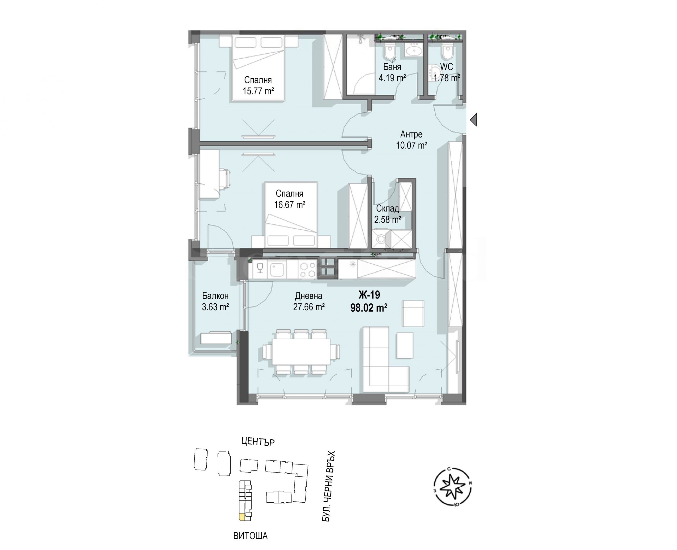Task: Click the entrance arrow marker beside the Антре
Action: [473, 120]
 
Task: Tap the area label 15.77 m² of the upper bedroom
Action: [258, 91]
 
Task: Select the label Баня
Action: [392, 67]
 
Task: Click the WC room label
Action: [446, 67]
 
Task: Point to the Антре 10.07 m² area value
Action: [411, 145]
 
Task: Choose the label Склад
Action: [387, 208]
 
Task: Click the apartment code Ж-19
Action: [369, 295]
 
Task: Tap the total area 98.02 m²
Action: [369, 308]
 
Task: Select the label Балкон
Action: [215, 296]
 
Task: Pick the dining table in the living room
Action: [301, 352]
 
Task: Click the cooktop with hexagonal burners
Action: [307, 270]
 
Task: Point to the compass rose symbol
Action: [452, 487]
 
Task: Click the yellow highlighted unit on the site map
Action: [242, 517]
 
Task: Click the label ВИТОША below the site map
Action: [250, 536]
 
